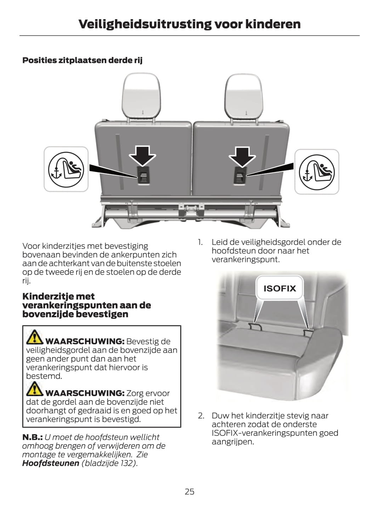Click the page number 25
point(189,492)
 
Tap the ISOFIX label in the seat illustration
point(279,288)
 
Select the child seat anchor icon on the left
point(66,169)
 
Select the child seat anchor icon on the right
point(317,172)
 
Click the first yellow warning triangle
point(34,337)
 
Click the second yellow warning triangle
point(34,389)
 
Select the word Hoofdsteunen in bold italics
point(51,463)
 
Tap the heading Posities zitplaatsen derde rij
point(82,60)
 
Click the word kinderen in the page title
point(273,24)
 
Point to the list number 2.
point(201,415)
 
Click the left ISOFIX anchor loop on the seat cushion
point(255,326)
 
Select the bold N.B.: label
point(33,437)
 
